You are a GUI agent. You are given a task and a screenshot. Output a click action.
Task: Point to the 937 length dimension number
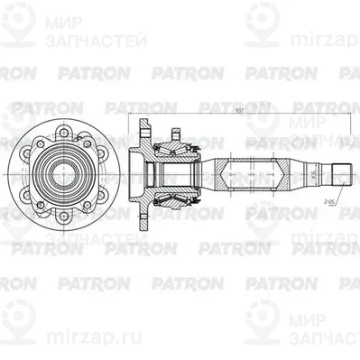click(x=236, y=111)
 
